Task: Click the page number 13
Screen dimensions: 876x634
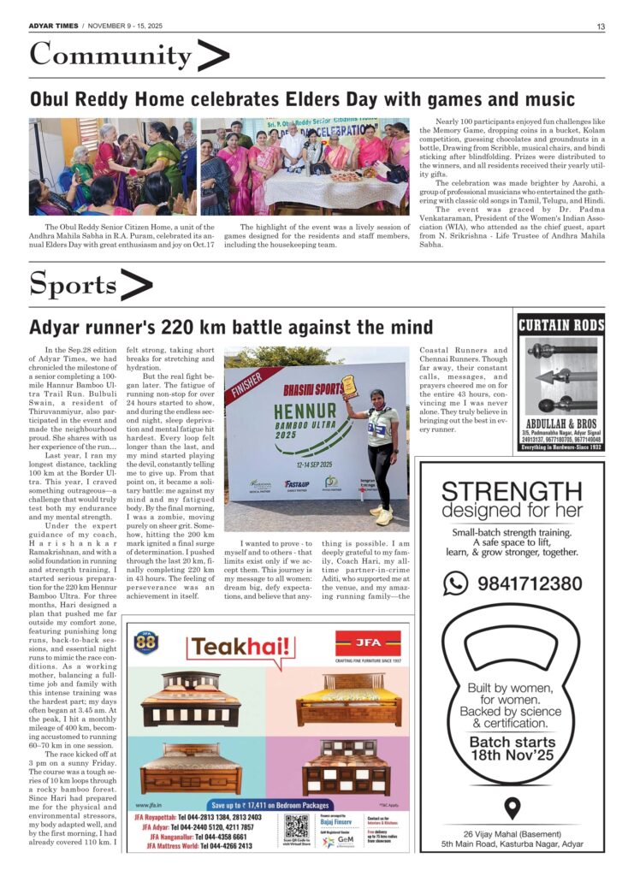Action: tap(601, 26)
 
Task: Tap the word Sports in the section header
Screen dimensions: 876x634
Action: tap(73, 285)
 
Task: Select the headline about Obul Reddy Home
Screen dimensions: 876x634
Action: tap(302, 99)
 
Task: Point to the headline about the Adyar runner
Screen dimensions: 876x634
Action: tap(231, 327)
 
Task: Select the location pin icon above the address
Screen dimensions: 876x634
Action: tap(512, 808)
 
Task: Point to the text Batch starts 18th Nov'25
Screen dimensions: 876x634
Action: tap(512, 749)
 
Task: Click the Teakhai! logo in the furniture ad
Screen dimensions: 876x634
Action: tap(226, 647)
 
